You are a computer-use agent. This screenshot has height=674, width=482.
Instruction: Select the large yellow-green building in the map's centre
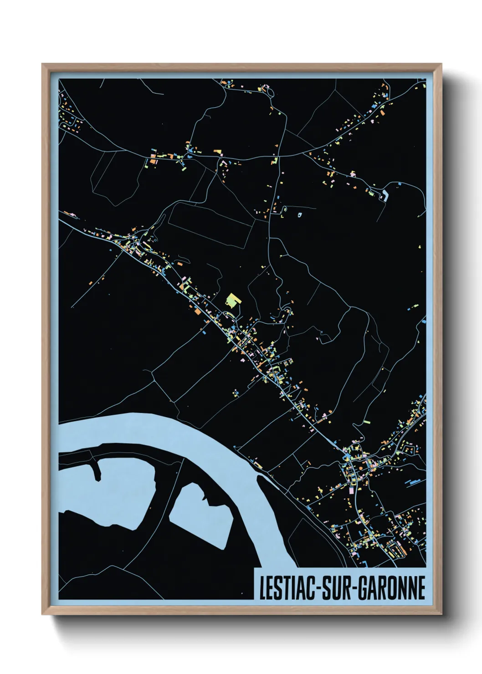[x=233, y=300]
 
